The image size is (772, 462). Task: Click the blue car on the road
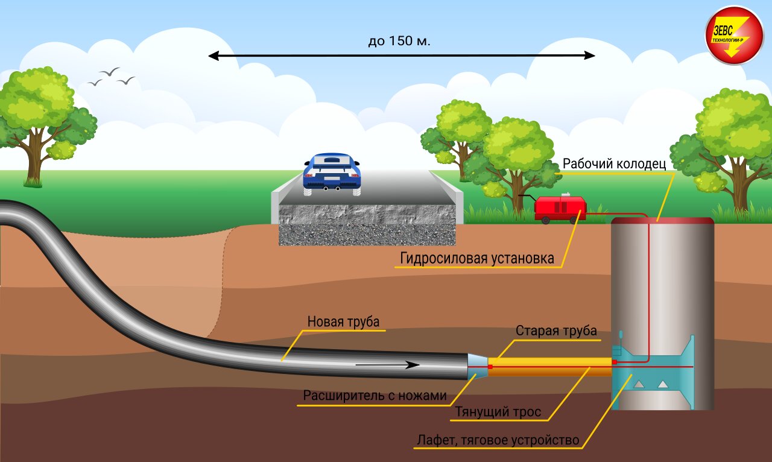pos(332,173)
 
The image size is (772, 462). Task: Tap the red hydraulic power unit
pos(560,207)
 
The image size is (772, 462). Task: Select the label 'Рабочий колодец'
pos(613,164)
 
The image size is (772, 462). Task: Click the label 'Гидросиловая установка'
pos(476,259)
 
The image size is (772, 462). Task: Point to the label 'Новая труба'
pos(344,321)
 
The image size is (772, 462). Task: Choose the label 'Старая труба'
pos(555,331)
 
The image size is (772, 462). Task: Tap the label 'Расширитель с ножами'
pos(375,396)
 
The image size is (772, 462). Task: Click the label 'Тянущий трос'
pos(498,412)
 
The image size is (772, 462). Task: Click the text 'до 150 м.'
pos(399,42)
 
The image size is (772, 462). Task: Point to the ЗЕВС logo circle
pos(734,35)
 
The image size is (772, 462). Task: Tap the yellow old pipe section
pos(549,365)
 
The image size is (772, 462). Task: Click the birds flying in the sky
pos(111,77)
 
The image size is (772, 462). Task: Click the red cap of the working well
pos(662,221)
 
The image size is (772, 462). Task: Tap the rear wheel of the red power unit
pos(545,220)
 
